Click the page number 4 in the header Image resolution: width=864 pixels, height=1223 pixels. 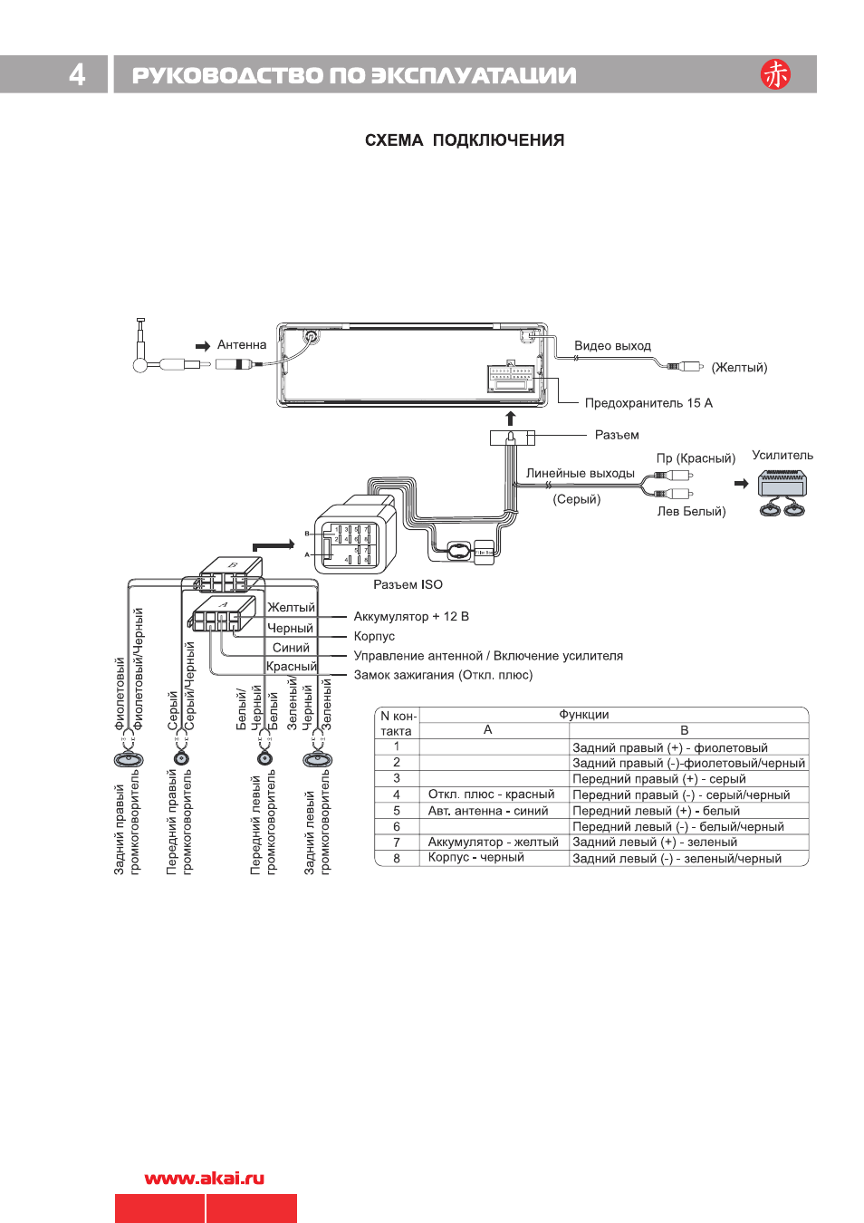77,74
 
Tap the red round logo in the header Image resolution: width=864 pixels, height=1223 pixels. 775,74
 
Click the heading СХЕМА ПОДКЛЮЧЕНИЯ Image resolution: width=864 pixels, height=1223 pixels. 464,140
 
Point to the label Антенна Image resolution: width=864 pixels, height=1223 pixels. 242,345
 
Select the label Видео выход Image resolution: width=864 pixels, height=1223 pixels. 612,346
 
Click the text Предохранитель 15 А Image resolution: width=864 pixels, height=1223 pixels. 648,403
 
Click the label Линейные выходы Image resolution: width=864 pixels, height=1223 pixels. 580,473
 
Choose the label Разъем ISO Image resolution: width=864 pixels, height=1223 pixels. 408,584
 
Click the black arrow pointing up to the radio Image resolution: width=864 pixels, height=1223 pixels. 511,419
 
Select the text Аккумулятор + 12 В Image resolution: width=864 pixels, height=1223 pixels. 411,617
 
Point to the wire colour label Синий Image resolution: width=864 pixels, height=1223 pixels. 291,648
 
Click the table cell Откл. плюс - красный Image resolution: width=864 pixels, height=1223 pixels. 491,794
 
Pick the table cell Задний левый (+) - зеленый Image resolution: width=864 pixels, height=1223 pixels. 655,843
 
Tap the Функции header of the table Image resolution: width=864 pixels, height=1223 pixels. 584,715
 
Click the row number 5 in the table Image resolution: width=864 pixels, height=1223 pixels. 397,811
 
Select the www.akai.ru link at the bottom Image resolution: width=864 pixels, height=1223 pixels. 205,1179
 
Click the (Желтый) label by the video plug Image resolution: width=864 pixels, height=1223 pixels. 739,368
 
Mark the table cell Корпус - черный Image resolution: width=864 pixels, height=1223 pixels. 476,858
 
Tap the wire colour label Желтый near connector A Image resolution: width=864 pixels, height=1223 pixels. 291,608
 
